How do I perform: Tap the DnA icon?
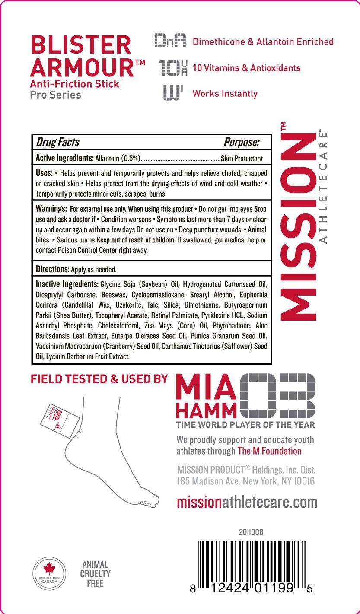click(170, 41)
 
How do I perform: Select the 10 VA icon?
click(172, 67)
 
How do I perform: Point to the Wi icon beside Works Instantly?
click(173, 93)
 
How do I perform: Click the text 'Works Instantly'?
click(225, 93)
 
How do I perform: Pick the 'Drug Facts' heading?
click(57, 142)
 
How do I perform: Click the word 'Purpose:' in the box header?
click(241, 142)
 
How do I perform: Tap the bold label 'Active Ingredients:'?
click(64, 158)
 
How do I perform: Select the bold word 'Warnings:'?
click(51, 209)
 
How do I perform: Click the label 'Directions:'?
click(52, 269)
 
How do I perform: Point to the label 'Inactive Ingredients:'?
click(67, 284)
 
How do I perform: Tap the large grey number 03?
click(277, 392)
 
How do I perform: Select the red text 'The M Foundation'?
click(269, 451)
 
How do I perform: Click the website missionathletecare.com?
click(247, 502)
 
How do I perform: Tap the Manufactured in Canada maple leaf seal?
click(49, 574)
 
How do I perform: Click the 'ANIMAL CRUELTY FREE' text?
click(95, 574)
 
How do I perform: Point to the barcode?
click(251, 566)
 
